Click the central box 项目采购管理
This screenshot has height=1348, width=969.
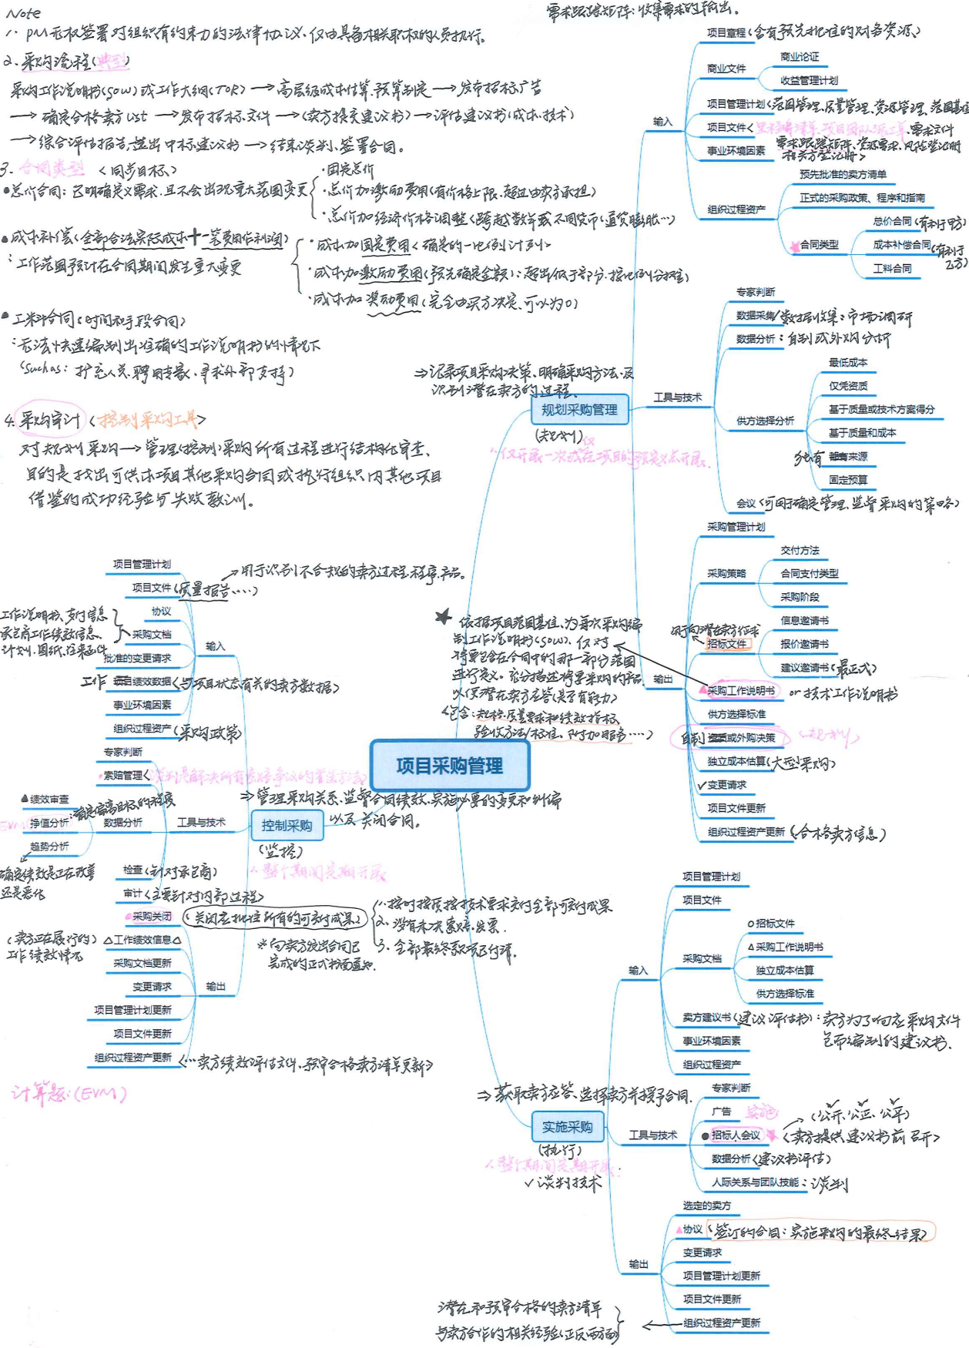(450, 765)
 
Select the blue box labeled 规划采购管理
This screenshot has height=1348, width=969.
(579, 410)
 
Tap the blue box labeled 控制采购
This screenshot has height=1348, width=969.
(287, 826)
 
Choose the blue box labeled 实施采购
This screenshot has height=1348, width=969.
(567, 1127)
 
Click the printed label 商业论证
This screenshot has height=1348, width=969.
(800, 57)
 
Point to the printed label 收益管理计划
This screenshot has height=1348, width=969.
(809, 80)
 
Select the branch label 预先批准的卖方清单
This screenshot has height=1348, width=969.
(843, 175)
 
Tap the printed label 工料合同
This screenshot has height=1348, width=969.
(892, 268)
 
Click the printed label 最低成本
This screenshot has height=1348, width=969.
(847, 362)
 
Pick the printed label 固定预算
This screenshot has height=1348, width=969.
(847, 480)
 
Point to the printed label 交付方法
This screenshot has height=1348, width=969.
(800, 550)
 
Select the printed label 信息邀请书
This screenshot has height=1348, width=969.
(804, 620)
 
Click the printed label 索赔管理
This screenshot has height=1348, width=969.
(123, 775)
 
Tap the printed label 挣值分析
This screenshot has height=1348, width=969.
(49, 823)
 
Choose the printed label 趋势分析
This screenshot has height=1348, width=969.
(49, 846)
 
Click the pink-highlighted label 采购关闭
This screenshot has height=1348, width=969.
(151, 916)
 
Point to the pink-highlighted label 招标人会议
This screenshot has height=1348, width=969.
(735, 1135)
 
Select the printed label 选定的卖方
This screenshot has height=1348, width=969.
(706, 1205)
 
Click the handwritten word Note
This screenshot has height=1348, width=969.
(23, 13)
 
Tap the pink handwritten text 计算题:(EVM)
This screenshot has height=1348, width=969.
(69, 1093)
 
